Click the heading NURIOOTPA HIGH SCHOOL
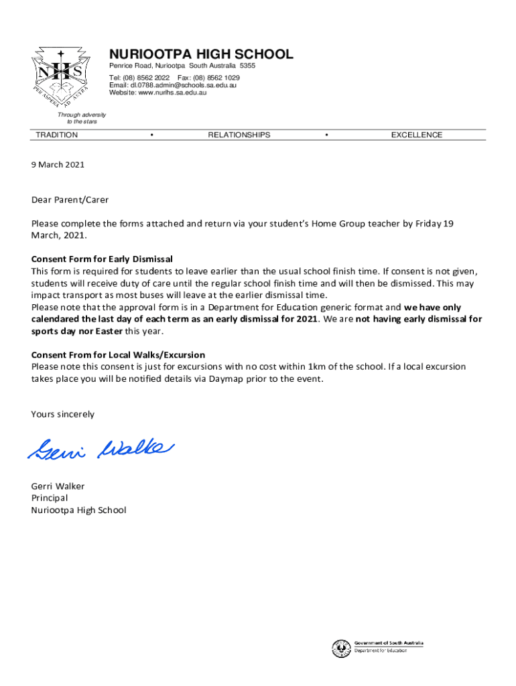(x=201, y=54)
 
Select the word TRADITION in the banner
(x=57, y=135)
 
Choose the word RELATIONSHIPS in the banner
(x=239, y=135)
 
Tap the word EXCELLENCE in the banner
(x=417, y=135)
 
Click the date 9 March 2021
(x=58, y=164)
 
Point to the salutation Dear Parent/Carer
(x=70, y=200)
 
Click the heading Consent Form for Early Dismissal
(x=102, y=259)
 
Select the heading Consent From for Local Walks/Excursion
(x=118, y=354)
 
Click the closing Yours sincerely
(x=63, y=414)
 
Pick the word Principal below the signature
(x=50, y=498)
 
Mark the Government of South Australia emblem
(x=339, y=648)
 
